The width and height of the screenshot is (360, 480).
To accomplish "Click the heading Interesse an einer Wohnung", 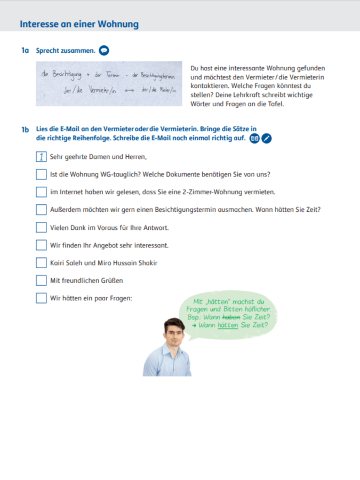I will click(x=79, y=24).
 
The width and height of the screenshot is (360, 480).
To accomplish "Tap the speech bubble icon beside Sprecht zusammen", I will click(x=104, y=51).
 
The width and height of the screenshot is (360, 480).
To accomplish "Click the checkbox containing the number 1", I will click(x=41, y=157).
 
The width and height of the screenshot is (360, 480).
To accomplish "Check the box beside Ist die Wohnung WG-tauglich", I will click(x=41, y=174).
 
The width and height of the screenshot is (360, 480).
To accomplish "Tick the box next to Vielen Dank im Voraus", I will click(x=41, y=228).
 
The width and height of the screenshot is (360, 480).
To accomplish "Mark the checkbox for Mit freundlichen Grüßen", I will click(x=41, y=281).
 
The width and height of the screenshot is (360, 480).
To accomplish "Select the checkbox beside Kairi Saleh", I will click(x=41, y=263).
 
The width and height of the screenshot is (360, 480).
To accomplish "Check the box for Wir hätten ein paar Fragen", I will click(x=41, y=298).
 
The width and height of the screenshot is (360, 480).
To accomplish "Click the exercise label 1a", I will click(x=25, y=51).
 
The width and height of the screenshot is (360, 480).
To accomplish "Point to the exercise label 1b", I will click(x=25, y=129).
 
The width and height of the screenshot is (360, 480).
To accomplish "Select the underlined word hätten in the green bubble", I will click(x=228, y=324).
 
